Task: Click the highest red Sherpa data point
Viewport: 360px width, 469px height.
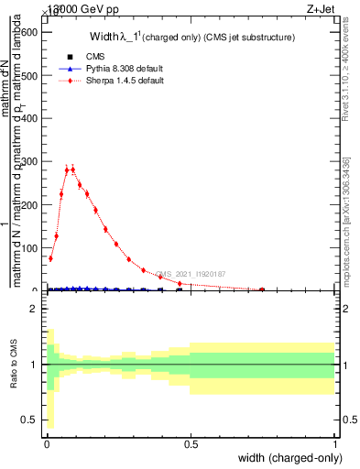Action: coord(72,169)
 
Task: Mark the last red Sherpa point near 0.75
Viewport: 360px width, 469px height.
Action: coord(262,289)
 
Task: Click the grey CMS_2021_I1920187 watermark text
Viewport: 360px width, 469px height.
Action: coord(191,274)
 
